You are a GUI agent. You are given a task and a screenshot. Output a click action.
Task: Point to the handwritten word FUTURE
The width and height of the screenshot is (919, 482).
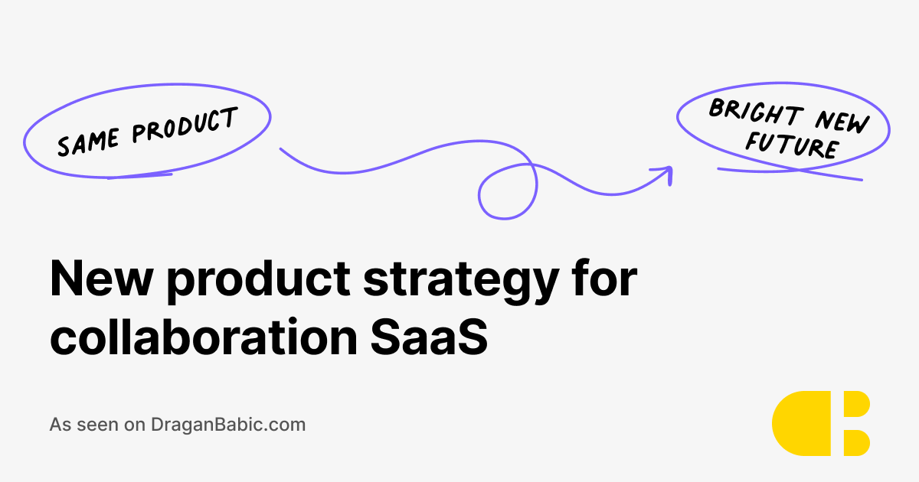(791, 145)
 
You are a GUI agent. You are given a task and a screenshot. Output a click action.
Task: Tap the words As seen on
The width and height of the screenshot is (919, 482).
(97, 424)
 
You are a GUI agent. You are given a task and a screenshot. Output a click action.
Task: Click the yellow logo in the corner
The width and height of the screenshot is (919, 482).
(820, 423)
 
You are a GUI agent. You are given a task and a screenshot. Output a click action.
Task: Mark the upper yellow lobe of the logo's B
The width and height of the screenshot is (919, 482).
(855, 405)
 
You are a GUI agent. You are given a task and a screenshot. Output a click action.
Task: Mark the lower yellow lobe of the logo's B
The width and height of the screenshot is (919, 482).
(855, 441)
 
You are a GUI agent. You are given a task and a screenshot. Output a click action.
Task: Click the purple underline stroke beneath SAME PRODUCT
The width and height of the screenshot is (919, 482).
(139, 176)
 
